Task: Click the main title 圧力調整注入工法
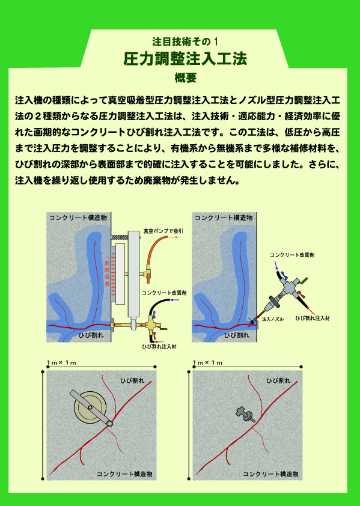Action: point(185,59)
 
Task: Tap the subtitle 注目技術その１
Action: point(185,41)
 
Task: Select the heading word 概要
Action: point(185,78)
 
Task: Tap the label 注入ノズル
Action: point(273,319)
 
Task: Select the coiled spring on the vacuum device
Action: point(120,237)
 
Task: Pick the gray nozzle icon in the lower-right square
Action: point(245,414)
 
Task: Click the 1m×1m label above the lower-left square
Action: point(61,363)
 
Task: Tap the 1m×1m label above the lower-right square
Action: point(207,363)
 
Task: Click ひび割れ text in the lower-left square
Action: point(132,380)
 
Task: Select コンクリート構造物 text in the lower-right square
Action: point(270,474)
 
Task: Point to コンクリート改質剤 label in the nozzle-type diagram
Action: point(292,255)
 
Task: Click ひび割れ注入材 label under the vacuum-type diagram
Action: point(159,347)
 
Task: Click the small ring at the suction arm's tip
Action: point(110,423)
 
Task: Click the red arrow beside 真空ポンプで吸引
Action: point(176,237)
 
